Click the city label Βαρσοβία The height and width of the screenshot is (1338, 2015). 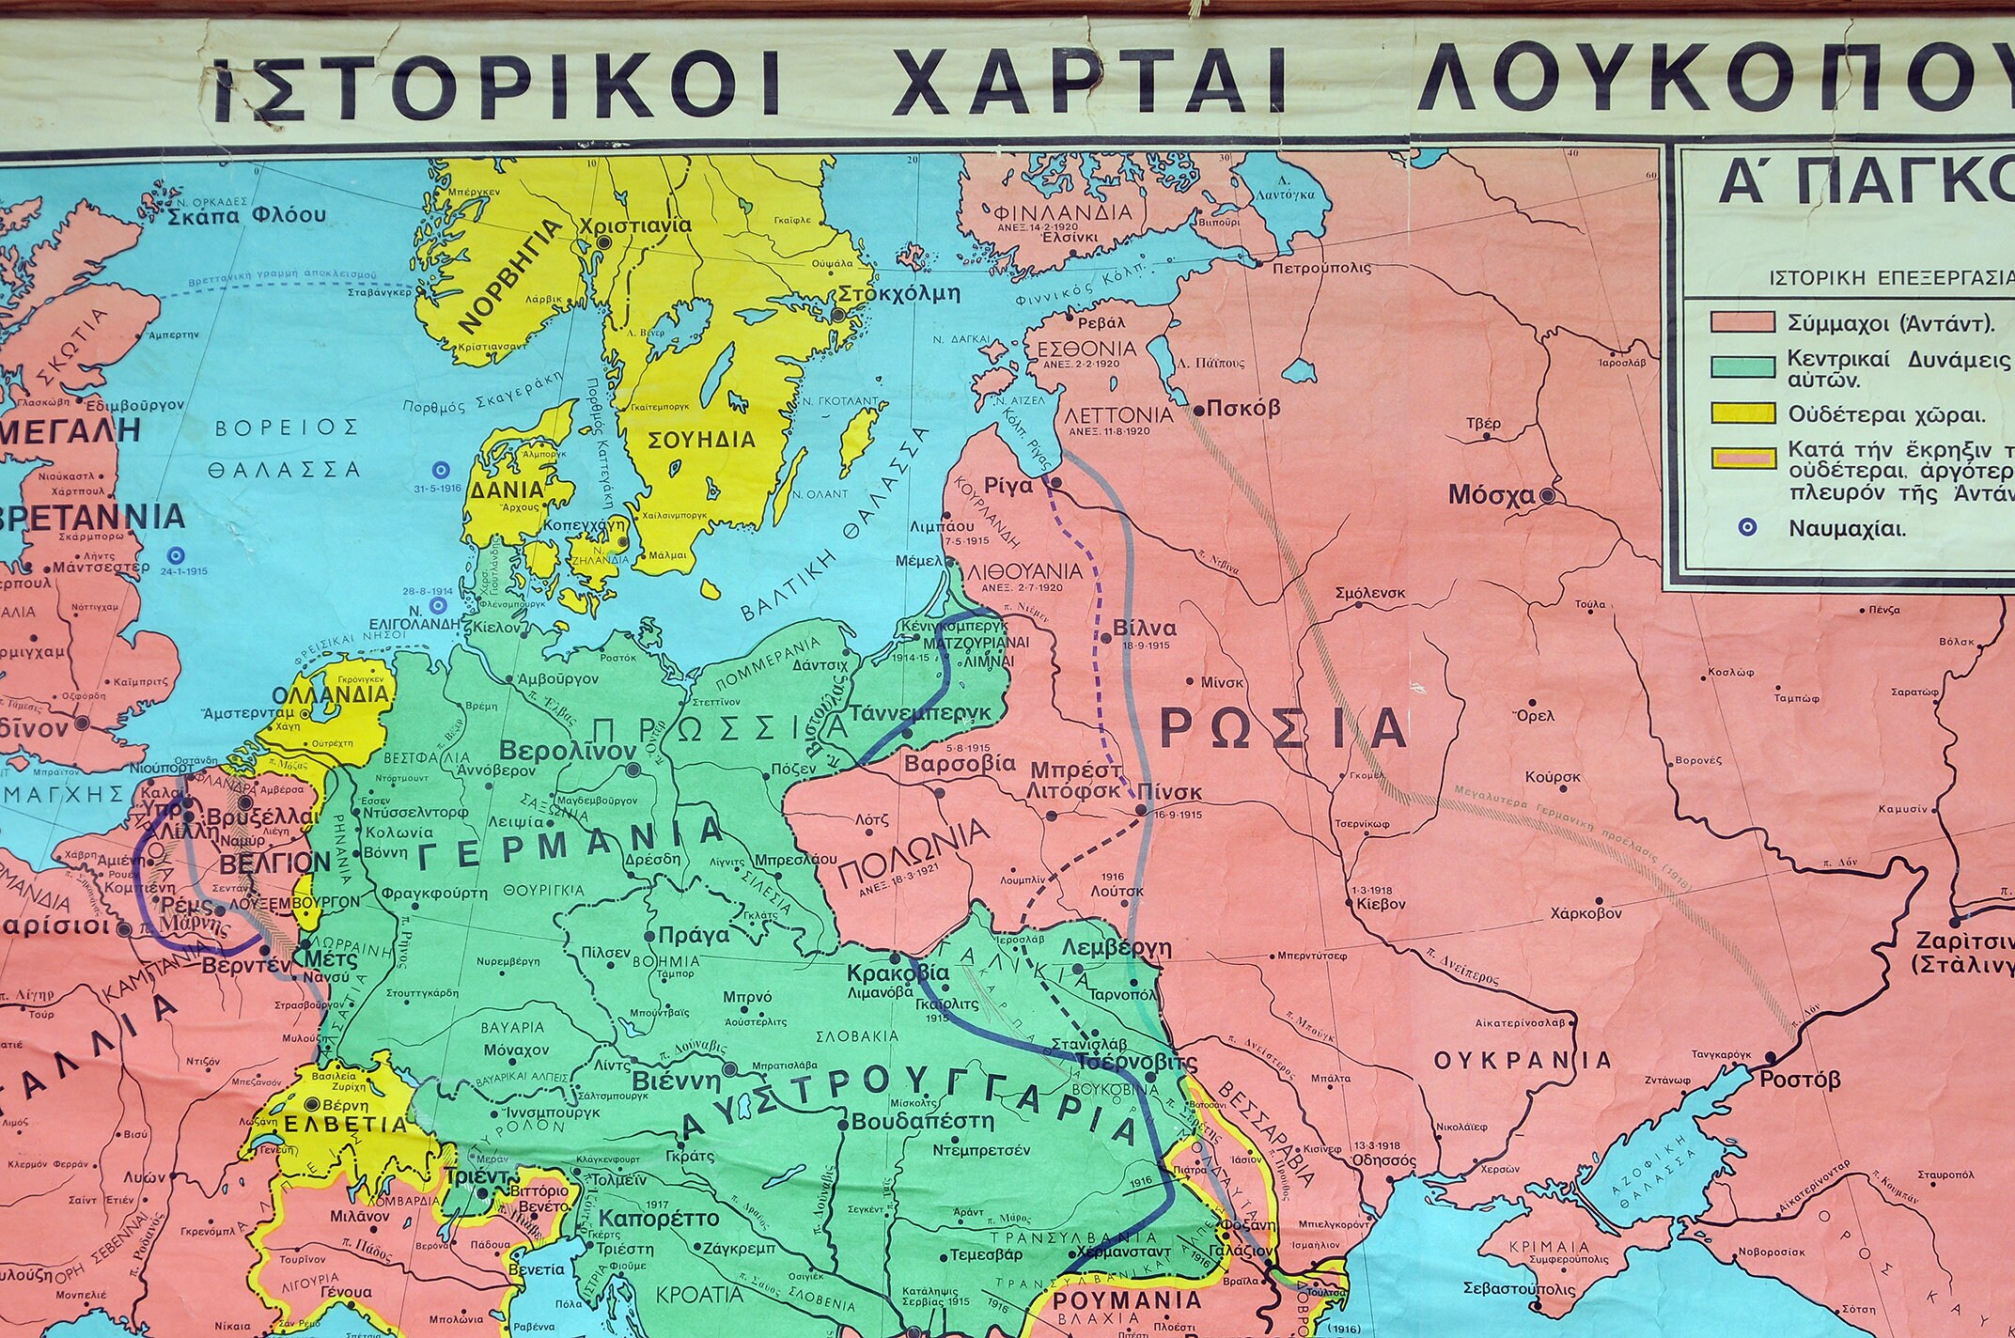point(947,764)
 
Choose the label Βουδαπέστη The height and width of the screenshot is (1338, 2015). point(923,1121)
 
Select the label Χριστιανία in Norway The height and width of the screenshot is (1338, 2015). point(636,226)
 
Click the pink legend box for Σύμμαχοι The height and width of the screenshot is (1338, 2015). point(1742,322)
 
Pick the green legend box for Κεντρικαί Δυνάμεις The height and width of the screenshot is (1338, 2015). point(1742,367)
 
